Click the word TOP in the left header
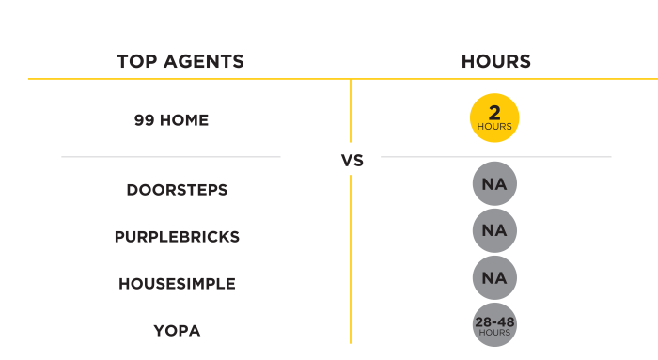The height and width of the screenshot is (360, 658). [x=134, y=62]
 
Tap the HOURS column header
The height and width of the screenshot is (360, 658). [x=495, y=62]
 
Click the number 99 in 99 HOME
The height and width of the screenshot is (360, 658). [x=144, y=120]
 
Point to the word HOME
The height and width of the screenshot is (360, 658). [x=185, y=120]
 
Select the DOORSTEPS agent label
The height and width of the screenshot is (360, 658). [x=177, y=190]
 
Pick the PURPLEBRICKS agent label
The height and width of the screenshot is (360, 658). [x=177, y=237]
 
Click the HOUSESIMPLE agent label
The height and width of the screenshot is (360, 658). [x=177, y=283]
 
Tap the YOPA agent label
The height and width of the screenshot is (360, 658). [x=177, y=330]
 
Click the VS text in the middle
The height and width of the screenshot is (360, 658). [x=352, y=161]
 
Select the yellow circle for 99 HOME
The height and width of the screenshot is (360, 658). [x=494, y=118]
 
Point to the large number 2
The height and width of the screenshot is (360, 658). [x=494, y=113]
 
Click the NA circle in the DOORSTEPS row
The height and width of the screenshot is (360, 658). [x=494, y=185]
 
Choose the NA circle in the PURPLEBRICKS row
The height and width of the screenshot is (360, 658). [x=494, y=231]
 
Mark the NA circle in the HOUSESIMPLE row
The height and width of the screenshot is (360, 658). [x=494, y=278]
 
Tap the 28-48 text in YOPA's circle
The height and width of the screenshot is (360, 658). [x=494, y=322]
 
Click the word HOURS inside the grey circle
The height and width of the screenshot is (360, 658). [x=494, y=333]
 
